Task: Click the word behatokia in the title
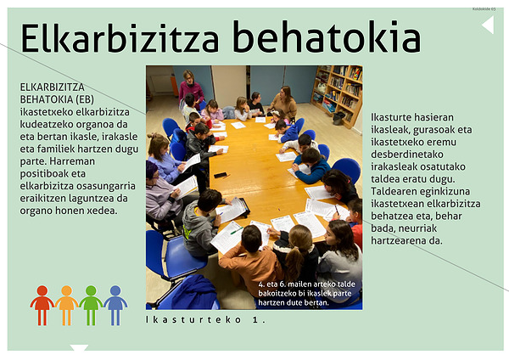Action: pos(327,37)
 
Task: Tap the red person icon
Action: pos(42,306)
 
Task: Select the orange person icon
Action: pos(66,306)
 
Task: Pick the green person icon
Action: pos(91,306)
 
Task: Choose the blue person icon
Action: pos(115,306)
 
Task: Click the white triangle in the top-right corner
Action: pos(489,25)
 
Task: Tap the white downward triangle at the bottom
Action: pos(79,347)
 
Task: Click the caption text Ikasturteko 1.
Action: pos(205,320)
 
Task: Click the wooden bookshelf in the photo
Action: pos(338,94)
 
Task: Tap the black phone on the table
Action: pos(221,175)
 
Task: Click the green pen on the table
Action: pos(237,231)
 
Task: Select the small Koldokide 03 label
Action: pos(484,9)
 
